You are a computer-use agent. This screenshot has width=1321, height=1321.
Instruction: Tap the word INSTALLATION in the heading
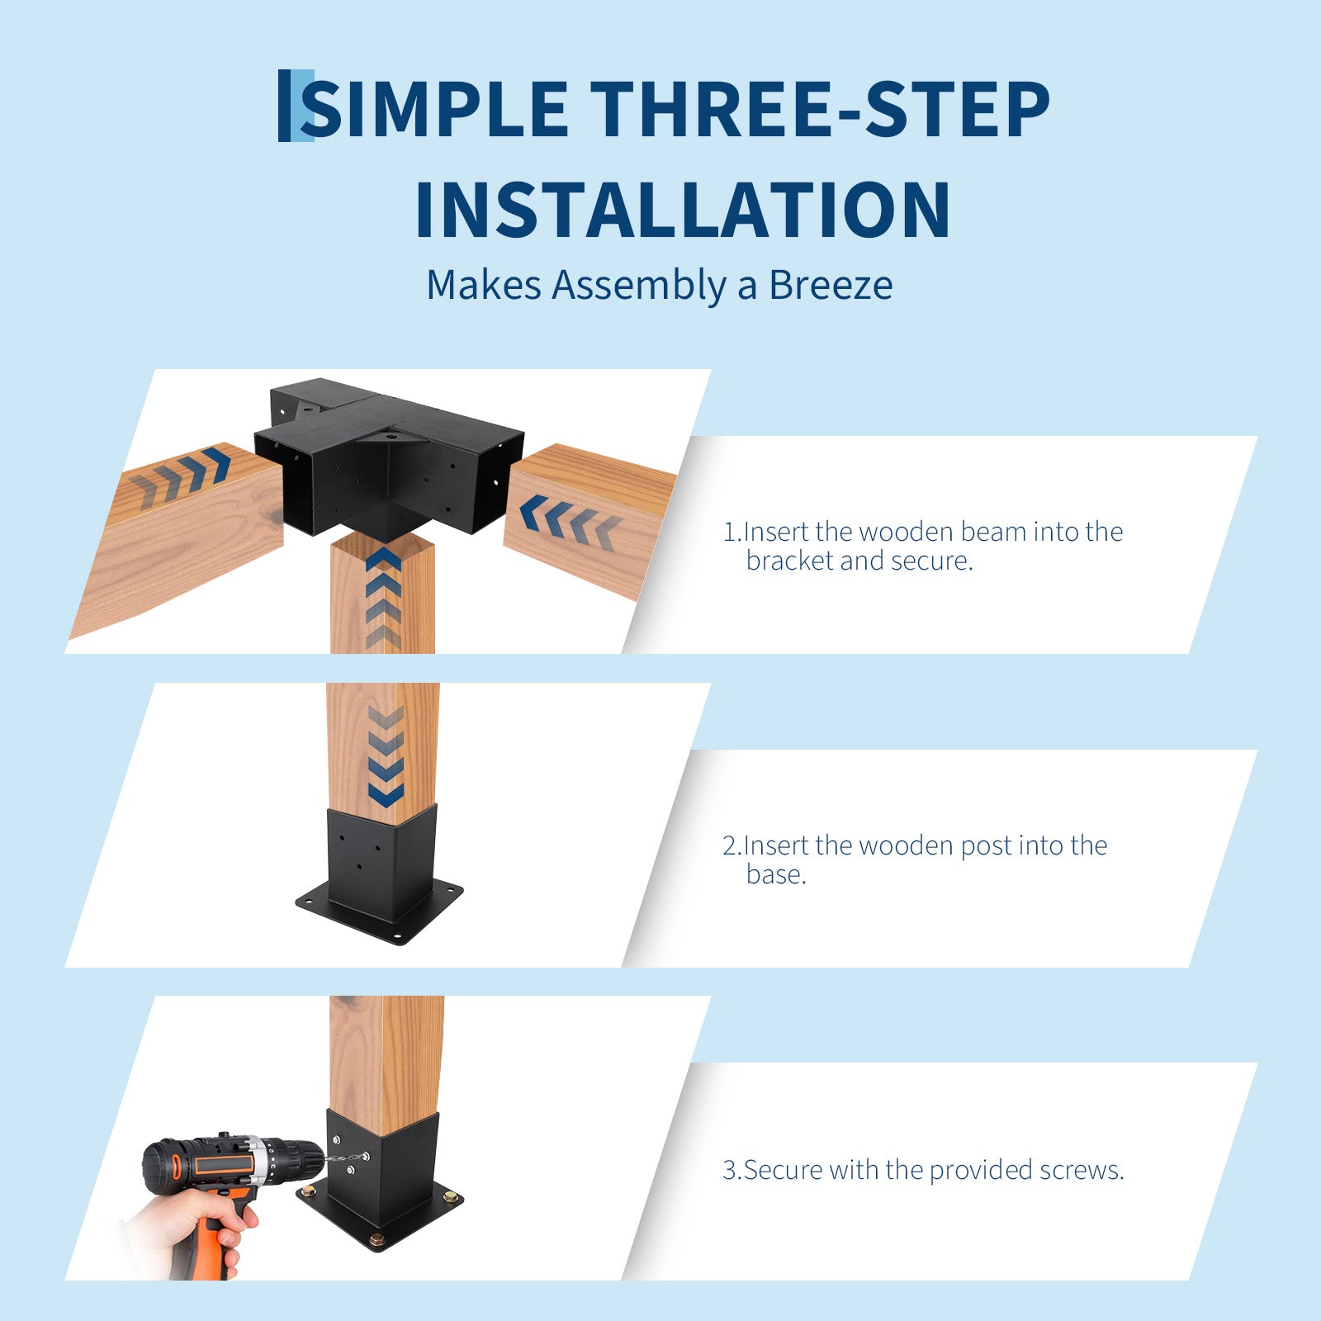coord(683,210)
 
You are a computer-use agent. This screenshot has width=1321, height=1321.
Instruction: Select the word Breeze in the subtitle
coord(831,286)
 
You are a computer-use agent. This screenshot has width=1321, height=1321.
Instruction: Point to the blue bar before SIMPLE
coord(296,106)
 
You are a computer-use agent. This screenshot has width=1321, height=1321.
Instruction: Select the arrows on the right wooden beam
coord(570,523)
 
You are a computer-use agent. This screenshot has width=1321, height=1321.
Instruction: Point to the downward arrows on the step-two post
coord(386,756)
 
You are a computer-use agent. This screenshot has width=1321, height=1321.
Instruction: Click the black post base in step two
coord(380,877)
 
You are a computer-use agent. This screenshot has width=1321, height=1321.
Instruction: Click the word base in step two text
coord(775,874)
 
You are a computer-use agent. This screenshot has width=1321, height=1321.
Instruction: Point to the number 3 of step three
coord(730,1170)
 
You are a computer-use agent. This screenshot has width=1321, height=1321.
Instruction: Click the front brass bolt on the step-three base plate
coord(377,1239)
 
